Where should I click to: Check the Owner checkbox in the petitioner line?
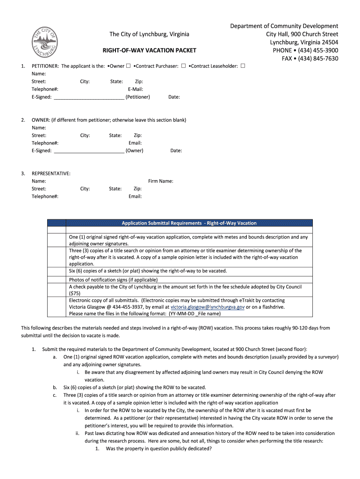pos(128,66)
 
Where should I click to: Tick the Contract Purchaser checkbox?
pos(184,66)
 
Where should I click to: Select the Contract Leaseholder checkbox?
pos(243,66)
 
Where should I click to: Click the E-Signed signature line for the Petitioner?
pos(89,97)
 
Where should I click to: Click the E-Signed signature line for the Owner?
pos(89,151)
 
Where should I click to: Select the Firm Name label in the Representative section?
pos(160,181)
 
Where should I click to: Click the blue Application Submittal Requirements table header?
pos(189,223)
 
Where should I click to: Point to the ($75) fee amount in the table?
pos(75,294)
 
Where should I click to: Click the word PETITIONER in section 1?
pos(45,66)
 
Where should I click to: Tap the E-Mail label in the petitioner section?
pos(135,89)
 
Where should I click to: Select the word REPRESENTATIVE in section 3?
pos(51,174)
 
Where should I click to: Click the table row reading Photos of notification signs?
pos(107,280)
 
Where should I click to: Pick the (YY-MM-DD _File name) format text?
pos(180,314)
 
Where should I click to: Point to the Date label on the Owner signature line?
pos(176,151)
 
